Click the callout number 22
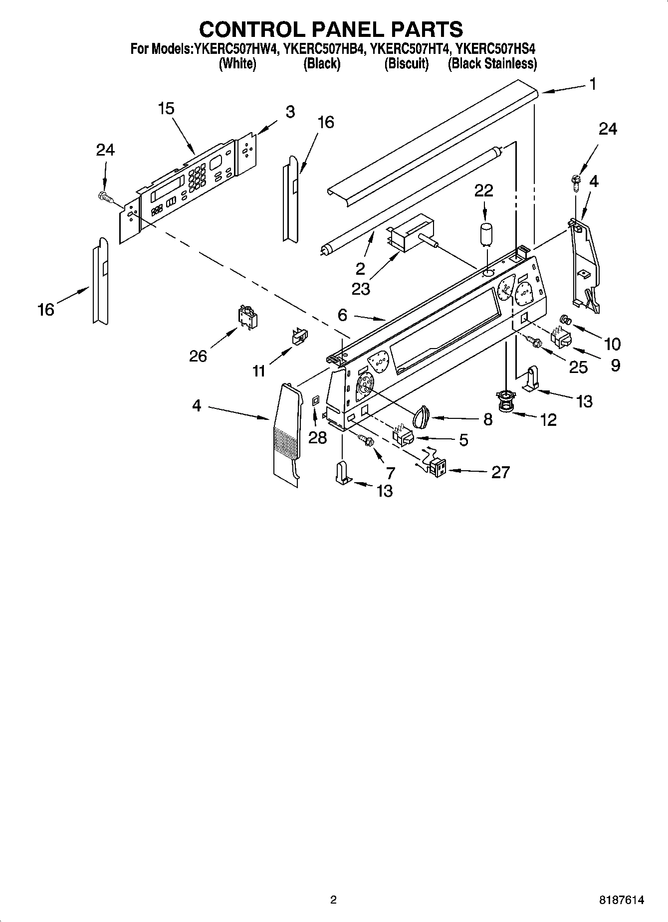coord(483,190)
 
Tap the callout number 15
coord(166,108)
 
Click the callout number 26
coord(198,356)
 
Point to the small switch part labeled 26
coord(247,316)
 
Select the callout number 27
coord(500,472)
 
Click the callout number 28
coord(317,437)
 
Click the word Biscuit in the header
coord(406,64)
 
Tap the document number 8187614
coord(622,900)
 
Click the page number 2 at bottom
coord(333,900)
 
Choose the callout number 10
coord(612,344)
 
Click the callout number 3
coord(290,112)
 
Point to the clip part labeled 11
coord(299,336)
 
